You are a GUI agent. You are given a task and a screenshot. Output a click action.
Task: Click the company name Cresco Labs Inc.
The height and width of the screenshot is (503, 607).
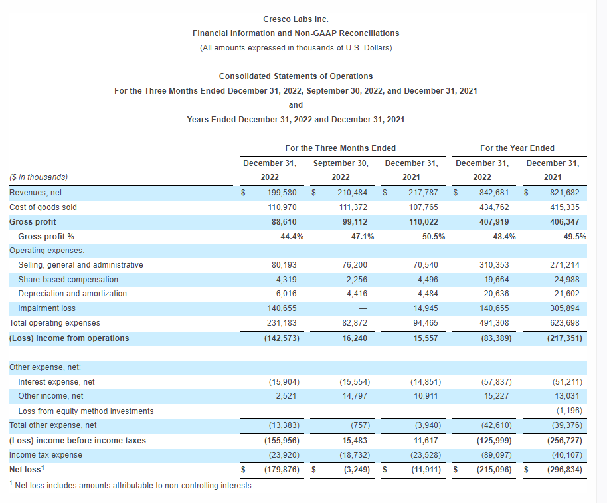pos(296,19)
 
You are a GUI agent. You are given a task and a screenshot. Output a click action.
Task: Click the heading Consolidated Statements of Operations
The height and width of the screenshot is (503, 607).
pos(296,76)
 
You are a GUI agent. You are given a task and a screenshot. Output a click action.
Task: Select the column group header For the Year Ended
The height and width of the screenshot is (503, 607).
pos(517,148)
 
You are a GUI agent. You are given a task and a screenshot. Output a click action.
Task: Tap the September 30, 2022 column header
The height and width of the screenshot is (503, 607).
pos(340,170)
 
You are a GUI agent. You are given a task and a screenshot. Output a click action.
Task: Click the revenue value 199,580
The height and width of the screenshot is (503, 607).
pos(282,193)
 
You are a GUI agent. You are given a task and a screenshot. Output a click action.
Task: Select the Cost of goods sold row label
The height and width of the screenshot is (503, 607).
pos(43,207)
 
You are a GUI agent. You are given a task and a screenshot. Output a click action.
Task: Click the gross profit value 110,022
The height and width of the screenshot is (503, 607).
pos(423,222)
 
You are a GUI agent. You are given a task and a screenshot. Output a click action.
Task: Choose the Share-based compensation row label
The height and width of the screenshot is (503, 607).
pos(68,280)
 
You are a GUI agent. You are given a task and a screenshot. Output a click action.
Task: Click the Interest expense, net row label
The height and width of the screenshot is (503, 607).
pos(56,382)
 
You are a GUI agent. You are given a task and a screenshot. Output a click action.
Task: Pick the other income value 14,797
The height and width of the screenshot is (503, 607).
pos(355,396)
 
